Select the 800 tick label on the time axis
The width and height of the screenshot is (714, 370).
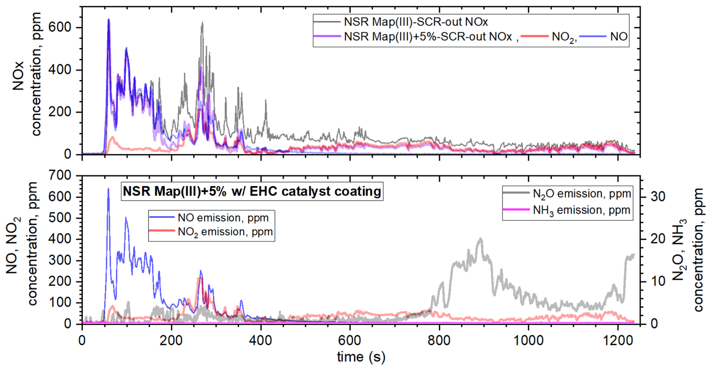pyautogui.click(x=439, y=340)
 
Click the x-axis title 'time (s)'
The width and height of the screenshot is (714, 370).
pyautogui.click(x=361, y=357)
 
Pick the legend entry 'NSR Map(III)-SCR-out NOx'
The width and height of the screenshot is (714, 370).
pyautogui.click(x=416, y=22)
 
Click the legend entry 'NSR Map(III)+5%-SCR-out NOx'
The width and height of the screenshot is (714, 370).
pyautogui.click(x=428, y=37)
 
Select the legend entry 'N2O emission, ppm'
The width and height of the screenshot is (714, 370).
pyautogui.click(x=582, y=194)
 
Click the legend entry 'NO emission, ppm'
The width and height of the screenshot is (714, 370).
pyautogui.click(x=223, y=218)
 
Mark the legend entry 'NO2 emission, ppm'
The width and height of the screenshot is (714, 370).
pyautogui.click(x=225, y=232)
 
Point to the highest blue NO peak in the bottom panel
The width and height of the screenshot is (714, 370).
pyautogui.click(x=108, y=189)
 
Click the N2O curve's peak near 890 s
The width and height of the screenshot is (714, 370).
pyautogui.click(x=481, y=239)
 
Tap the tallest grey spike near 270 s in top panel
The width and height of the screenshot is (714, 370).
pyautogui.click(x=202, y=23)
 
